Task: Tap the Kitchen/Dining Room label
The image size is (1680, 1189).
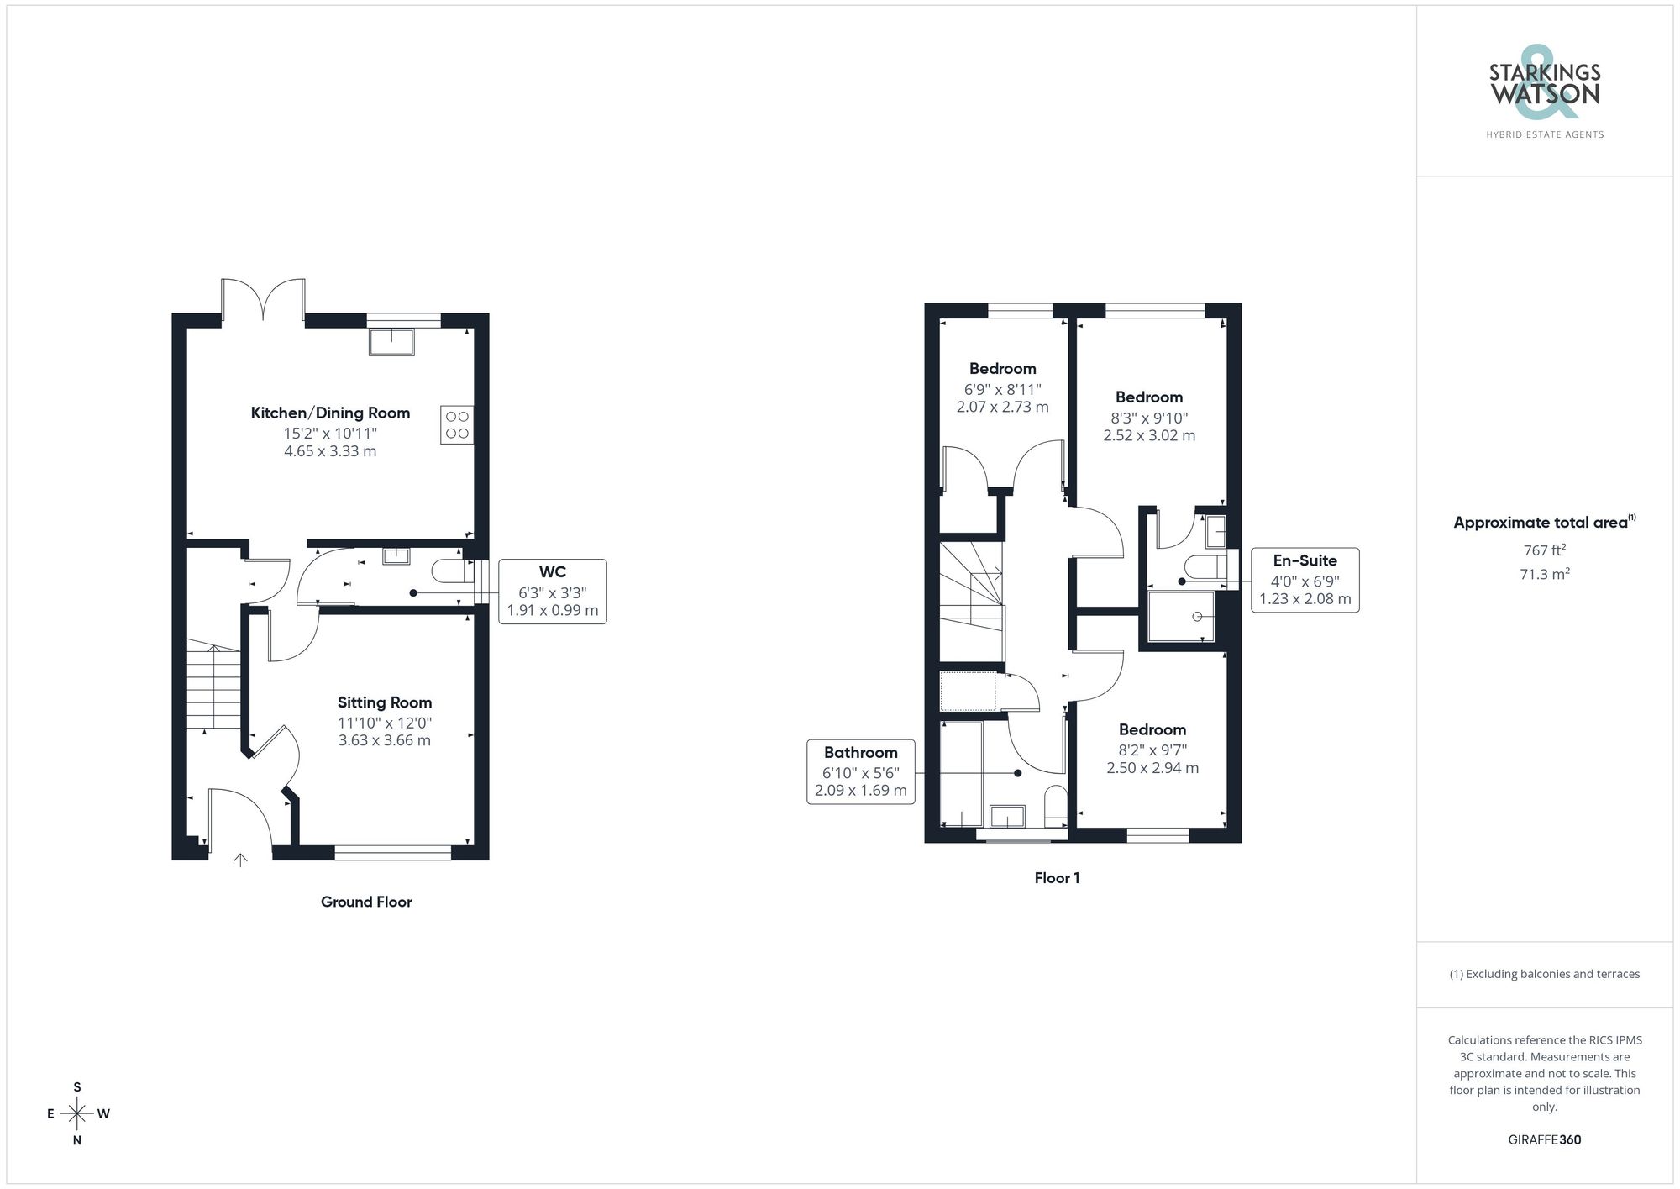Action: (x=330, y=413)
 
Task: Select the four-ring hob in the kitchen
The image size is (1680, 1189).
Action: (x=457, y=424)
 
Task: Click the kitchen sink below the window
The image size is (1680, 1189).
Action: (x=391, y=342)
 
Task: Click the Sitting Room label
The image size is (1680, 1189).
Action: (x=385, y=702)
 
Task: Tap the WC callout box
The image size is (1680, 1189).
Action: (x=552, y=591)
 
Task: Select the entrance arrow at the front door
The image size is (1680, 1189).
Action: (x=240, y=860)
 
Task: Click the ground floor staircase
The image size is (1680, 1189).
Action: (x=213, y=685)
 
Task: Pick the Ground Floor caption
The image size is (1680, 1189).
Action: (x=366, y=902)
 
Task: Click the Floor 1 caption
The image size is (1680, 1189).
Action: (x=1057, y=878)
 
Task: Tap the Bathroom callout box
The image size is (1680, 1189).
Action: (x=860, y=771)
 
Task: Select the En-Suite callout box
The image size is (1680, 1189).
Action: (x=1305, y=580)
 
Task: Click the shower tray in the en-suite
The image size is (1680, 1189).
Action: (x=1181, y=617)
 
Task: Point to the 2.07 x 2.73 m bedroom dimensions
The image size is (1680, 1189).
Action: (x=1002, y=407)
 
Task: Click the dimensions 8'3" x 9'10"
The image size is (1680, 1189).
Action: (x=1149, y=418)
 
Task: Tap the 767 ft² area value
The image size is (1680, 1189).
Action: (x=1544, y=550)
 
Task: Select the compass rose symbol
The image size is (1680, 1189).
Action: (x=77, y=1114)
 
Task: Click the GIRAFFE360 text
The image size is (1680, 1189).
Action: (x=1544, y=1139)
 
